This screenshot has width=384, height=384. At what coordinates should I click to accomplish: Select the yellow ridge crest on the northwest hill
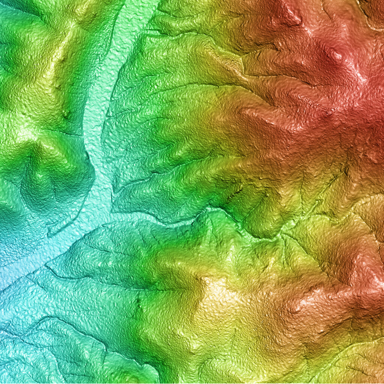click(x=62, y=56)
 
